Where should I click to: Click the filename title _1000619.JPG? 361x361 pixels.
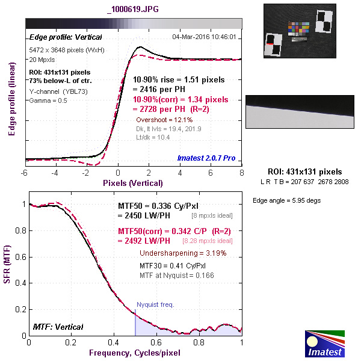click(133, 9)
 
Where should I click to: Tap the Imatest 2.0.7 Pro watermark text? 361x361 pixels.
click(206, 158)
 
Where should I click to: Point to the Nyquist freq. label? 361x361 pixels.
click(155, 305)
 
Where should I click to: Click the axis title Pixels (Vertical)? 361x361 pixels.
click(133, 182)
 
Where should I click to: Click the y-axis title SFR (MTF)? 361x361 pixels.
click(8, 268)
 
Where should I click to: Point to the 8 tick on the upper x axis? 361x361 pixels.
click(241, 172)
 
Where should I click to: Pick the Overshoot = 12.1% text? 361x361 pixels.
click(161, 120)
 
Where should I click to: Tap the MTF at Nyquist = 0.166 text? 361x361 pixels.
click(177, 275)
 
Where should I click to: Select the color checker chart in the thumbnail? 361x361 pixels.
click(298, 29)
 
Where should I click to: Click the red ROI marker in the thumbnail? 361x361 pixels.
click(270, 45)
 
